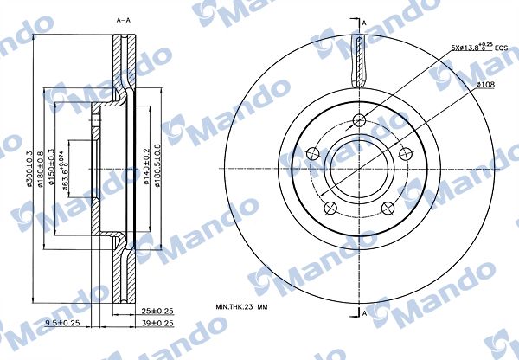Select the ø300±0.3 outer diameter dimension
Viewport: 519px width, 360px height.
coord(31,169)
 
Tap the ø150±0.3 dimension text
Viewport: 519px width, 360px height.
coord(54,167)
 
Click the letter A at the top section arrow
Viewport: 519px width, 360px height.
coord(364,22)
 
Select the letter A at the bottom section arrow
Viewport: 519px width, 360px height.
coord(364,312)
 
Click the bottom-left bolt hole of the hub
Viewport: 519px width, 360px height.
coord(328,206)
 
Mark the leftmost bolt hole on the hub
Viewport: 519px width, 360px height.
coord(313,154)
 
